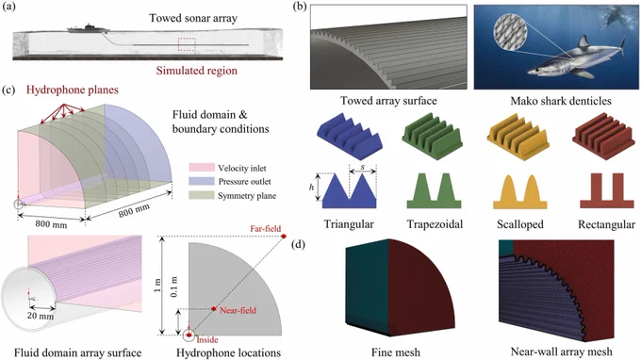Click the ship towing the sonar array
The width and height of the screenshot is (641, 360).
pyautogui.click(x=88, y=29)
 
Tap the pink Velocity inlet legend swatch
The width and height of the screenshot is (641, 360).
pyautogui.click(x=202, y=168)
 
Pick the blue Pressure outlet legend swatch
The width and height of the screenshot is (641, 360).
pyautogui.click(x=202, y=181)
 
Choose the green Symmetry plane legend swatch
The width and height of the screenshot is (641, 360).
pyautogui.click(x=202, y=195)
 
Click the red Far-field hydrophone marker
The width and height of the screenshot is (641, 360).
pyautogui.click(x=284, y=237)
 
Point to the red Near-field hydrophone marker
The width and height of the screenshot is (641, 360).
pyautogui.click(x=214, y=309)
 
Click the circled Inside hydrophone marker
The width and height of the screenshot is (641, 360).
pyautogui.click(x=189, y=335)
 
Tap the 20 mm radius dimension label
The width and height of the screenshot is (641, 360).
pyautogui.click(x=41, y=316)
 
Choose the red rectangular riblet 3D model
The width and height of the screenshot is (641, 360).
pyautogui.click(x=604, y=130)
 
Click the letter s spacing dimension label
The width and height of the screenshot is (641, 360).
pyautogui.click(x=363, y=167)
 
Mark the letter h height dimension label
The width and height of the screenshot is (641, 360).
pyautogui.click(x=311, y=188)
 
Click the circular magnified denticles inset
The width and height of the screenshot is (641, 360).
pyautogui.click(x=510, y=32)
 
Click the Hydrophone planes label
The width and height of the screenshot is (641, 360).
pyautogui.click(x=73, y=90)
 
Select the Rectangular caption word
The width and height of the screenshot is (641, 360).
pyautogui.click(x=607, y=224)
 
